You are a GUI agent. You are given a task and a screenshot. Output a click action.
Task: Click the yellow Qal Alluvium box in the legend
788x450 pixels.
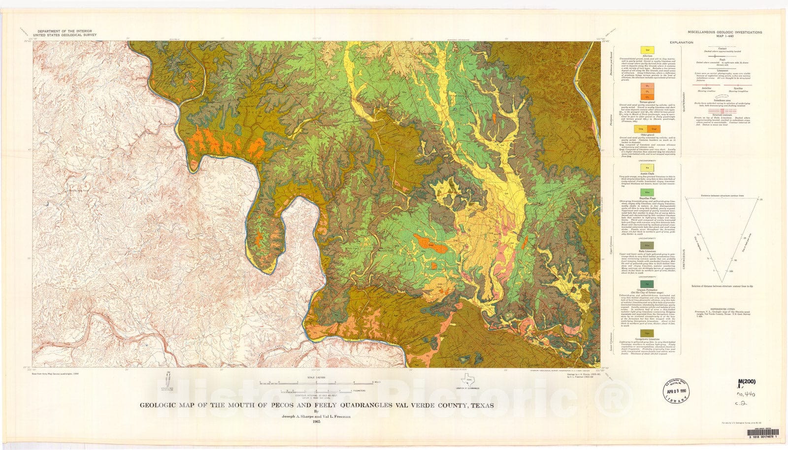[644, 50]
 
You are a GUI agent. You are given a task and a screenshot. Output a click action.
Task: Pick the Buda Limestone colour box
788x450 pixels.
[644, 245]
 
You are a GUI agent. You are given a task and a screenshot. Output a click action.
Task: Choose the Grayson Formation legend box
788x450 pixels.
[644, 284]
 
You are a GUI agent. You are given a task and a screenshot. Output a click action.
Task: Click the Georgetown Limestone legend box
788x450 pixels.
[644, 333]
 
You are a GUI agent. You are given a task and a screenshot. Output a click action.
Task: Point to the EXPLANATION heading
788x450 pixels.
[681, 43]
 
